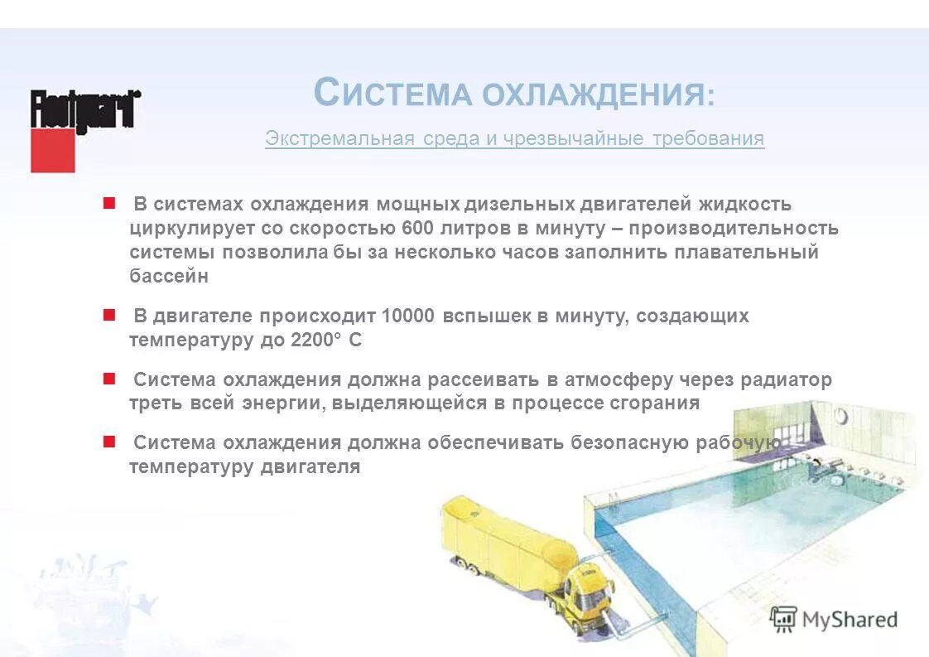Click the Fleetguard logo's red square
[x=52, y=150]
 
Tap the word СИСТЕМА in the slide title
[x=393, y=94]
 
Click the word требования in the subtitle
[x=708, y=138]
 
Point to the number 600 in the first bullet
[x=418, y=228]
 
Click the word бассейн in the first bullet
[x=169, y=277]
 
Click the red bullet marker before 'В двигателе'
[x=108, y=315]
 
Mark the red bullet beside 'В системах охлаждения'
[x=108, y=203]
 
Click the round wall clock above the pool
[x=841, y=416]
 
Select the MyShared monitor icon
[x=783, y=618]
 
